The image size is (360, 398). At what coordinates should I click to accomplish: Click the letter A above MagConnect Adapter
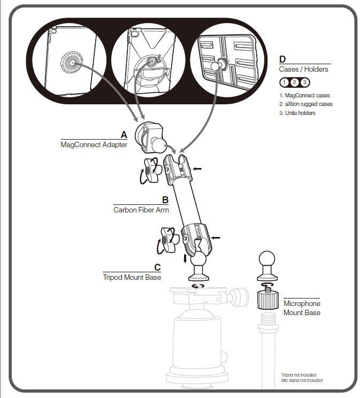[x=124, y=134]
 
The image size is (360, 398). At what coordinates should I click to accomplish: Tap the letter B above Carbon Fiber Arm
[x=165, y=200]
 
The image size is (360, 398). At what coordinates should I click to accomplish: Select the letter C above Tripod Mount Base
[x=157, y=267]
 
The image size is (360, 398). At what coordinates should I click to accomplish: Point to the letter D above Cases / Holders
[x=282, y=59]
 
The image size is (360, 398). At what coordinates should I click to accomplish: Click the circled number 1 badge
[x=285, y=82]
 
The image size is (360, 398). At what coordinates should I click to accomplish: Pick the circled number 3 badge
[x=304, y=82]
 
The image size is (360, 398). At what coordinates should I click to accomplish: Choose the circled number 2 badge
[x=294, y=82]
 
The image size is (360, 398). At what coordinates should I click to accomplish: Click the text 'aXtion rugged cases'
[x=305, y=104]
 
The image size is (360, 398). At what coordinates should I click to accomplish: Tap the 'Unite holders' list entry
[x=297, y=113]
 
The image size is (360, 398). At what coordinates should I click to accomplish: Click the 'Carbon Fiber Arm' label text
[x=141, y=210]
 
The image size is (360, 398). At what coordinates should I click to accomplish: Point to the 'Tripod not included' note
[x=298, y=375]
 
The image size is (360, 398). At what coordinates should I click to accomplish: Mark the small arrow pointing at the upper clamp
[x=197, y=169]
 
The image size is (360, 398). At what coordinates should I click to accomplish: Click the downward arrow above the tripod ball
[x=185, y=259]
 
